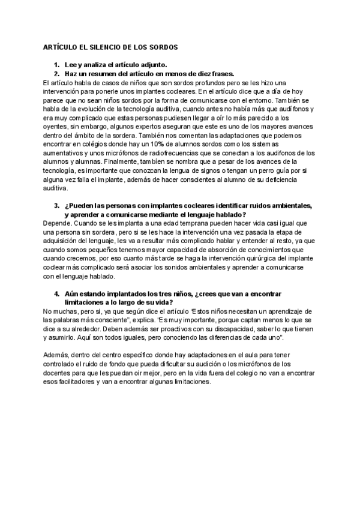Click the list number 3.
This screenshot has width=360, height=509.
[x=56, y=205]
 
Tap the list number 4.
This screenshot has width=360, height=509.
[x=56, y=294]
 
